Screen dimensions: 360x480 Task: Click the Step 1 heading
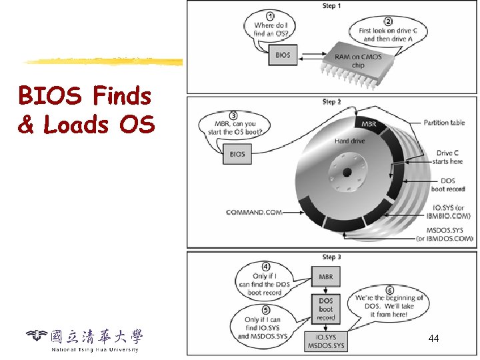coord(331,6)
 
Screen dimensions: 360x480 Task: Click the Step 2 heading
coord(331,102)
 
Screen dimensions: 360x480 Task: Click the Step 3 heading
coord(331,257)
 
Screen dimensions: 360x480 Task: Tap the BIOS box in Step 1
coord(283,55)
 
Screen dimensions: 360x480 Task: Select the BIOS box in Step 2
coord(237,154)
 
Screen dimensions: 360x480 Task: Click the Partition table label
coord(444,123)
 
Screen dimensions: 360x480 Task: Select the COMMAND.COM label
coord(253,213)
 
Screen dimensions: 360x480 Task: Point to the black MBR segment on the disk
coord(369,125)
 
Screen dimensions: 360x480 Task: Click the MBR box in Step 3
coord(325,277)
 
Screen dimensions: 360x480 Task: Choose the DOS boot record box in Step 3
coord(325,309)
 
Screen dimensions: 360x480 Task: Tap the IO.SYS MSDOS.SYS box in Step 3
coord(325,341)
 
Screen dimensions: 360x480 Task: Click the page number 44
coord(433,339)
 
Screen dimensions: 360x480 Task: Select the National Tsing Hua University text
coord(95,349)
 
